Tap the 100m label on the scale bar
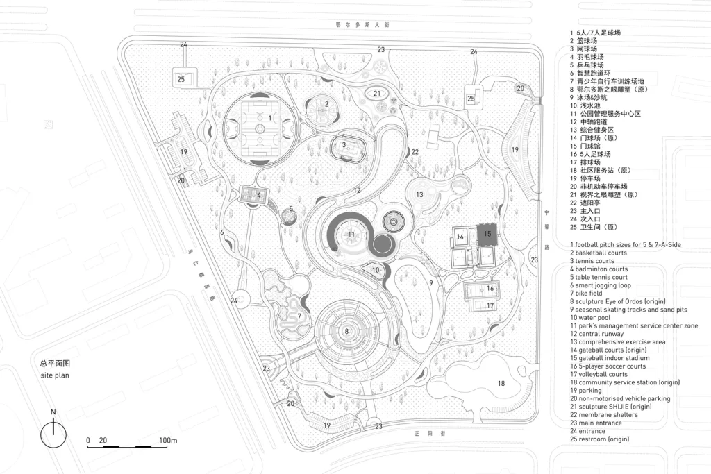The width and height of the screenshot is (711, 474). [x=168, y=441]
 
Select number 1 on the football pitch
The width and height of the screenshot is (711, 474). [x=269, y=118]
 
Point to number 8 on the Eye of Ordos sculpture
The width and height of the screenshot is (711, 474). [x=346, y=331]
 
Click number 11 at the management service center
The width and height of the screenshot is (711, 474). [x=351, y=235]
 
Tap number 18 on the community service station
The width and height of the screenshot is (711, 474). [x=501, y=382]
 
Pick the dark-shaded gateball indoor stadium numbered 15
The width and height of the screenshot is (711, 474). [x=487, y=235]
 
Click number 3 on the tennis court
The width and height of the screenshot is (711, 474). [x=344, y=145]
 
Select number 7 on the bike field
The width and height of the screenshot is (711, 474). [x=299, y=316]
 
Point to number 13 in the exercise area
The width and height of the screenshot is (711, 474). [x=419, y=195]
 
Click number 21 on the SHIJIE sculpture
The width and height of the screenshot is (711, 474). [x=376, y=93]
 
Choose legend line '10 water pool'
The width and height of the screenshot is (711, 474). [x=592, y=318]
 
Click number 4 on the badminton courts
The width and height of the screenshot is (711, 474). [x=258, y=195]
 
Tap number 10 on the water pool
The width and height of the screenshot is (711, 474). [x=375, y=270]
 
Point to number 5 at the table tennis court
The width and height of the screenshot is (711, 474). [x=291, y=208]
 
